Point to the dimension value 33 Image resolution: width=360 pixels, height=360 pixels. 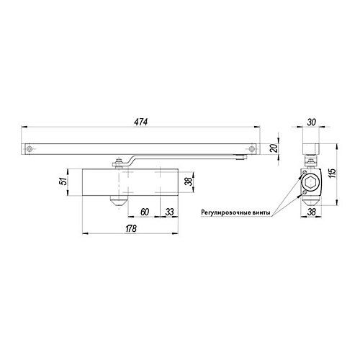click(x=168, y=212)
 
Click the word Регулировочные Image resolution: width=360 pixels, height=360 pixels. click(x=226, y=212)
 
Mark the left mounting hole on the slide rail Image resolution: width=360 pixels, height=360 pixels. click(x=30, y=149)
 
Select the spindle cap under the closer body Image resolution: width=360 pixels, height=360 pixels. click(x=114, y=199)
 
